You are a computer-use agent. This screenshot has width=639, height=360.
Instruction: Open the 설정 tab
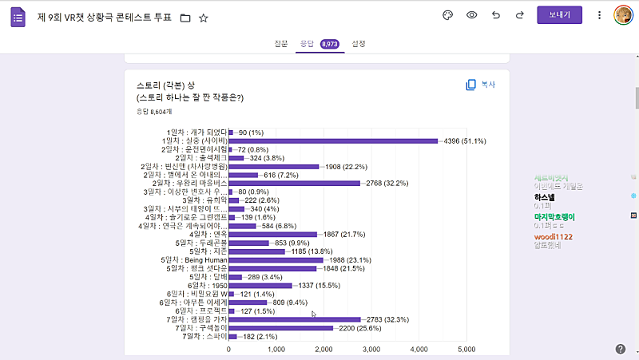[x=359, y=44]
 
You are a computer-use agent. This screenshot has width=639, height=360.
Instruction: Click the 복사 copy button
[x=481, y=85]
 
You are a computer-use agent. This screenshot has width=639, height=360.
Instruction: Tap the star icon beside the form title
[x=204, y=18]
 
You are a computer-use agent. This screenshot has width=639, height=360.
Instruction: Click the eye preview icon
[x=472, y=15]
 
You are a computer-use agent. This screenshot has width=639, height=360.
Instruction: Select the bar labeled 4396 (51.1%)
[x=333, y=141]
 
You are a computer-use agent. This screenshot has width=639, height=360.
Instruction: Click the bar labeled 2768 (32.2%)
[x=295, y=184]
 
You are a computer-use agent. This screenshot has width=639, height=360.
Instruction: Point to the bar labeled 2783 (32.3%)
[x=295, y=319]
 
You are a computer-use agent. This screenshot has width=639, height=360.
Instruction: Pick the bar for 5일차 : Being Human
[x=276, y=259]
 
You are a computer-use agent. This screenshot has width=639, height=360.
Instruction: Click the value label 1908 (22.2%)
[x=346, y=167]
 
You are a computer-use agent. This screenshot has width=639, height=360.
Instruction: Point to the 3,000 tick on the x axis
[x=372, y=349]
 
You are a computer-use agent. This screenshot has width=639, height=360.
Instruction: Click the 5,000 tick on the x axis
[x=467, y=349]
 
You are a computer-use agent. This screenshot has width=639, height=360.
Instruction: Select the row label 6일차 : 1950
[x=207, y=285]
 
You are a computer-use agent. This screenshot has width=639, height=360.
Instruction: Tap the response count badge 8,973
[x=331, y=45]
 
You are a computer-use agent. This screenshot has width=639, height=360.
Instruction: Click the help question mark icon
[x=621, y=349]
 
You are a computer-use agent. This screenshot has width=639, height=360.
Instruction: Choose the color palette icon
[x=447, y=15]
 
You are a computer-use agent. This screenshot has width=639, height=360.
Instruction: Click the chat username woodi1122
[x=553, y=237]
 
